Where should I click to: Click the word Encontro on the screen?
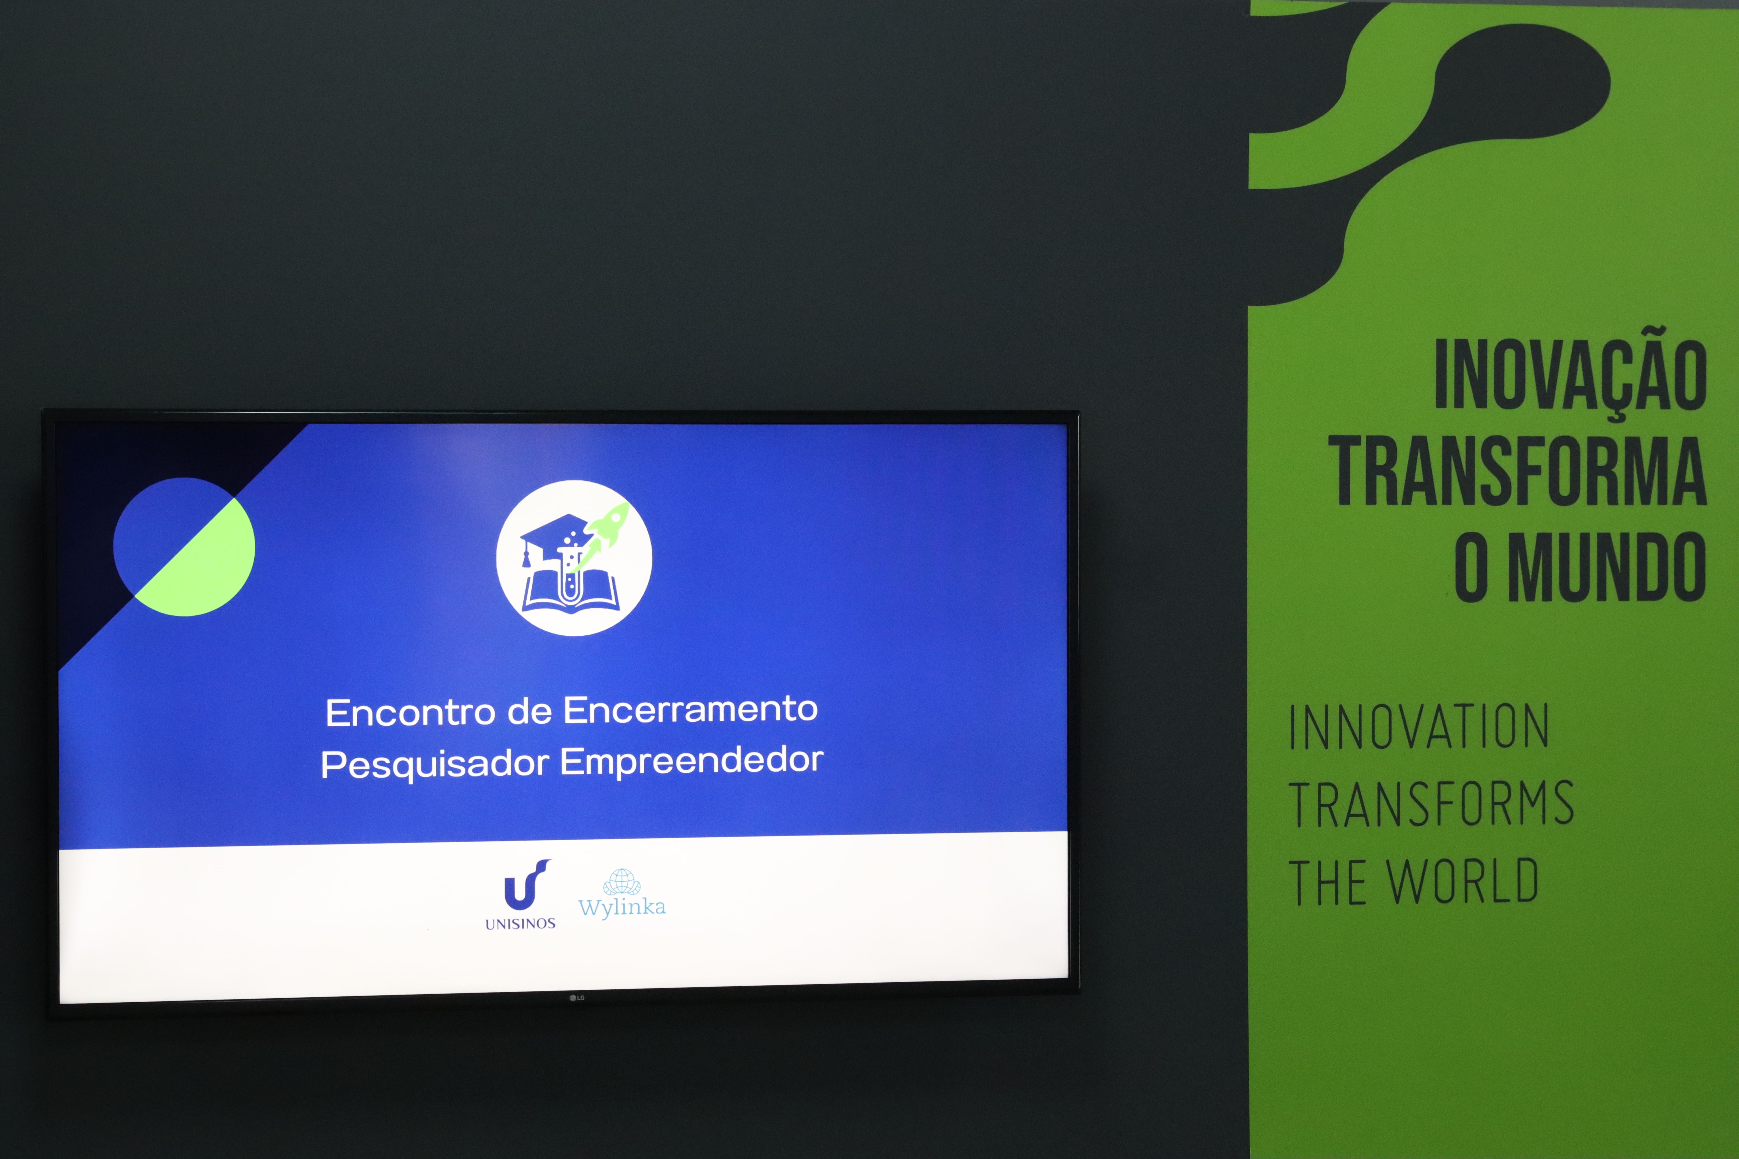coord(410,713)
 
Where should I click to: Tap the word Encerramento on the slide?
coord(691,710)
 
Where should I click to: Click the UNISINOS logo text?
coord(520,924)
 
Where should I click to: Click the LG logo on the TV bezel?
coord(577,998)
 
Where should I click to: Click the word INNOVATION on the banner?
coord(1419,727)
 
